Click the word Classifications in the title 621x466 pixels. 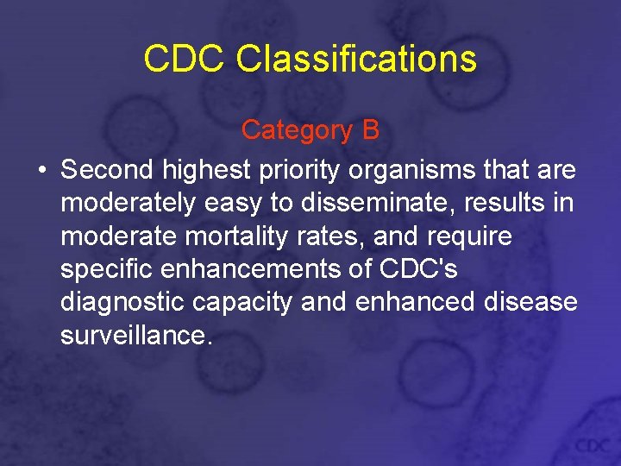click(355, 59)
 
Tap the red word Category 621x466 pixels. click(297, 129)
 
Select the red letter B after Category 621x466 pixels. click(370, 129)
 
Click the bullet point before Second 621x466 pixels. click(41, 170)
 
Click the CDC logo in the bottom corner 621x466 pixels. click(593, 445)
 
